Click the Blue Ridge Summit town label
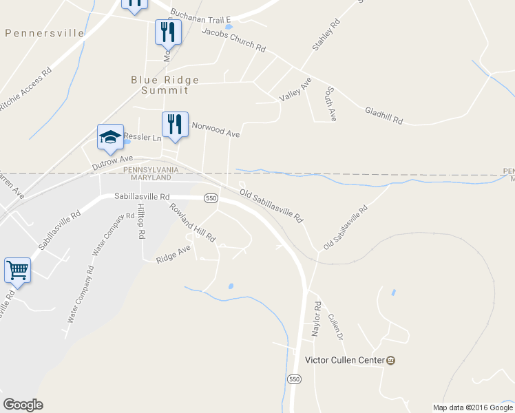click(x=165, y=85)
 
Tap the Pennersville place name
click(x=44, y=33)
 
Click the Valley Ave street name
click(x=295, y=90)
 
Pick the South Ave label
click(x=330, y=104)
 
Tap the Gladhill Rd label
click(x=383, y=115)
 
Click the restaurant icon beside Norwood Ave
click(x=175, y=125)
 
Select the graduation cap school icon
click(x=110, y=136)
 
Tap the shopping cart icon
click(x=17, y=270)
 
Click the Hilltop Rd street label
click(x=140, y=221)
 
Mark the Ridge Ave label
click(x=173, y=255)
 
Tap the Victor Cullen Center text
click(x=344, y=360)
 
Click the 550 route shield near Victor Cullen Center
click(x=294, y=379)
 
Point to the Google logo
click(x=23, y=405)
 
